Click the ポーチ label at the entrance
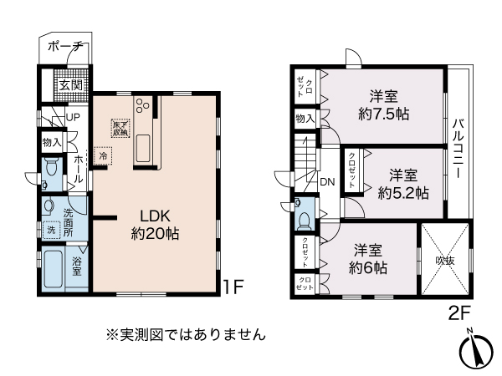tap(64, 46)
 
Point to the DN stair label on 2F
tap(327, 180)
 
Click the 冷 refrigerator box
tap(103, 155)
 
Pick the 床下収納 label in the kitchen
tap(120, 128)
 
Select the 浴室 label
tap(76, 267)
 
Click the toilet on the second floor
tap(303, 216)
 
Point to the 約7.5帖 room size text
tap(382, 103)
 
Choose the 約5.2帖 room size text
tap(403, 183)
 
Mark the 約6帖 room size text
tap(368, 258)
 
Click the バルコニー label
tap(458, 147)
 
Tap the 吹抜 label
tap(445, 260)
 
